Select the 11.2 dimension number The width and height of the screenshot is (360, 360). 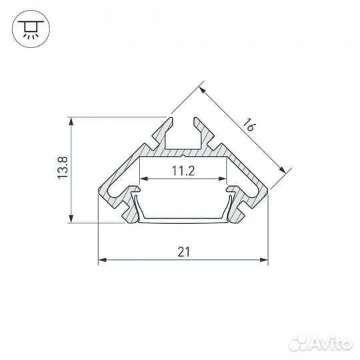(x=182, y=171)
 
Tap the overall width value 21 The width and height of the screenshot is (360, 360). (x=183, y=251)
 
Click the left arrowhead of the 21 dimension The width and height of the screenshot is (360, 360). (x=101, y=260)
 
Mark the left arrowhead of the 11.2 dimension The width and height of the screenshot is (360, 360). (x=142, y=179)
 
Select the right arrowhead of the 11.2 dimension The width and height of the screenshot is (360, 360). (x=222, y=179)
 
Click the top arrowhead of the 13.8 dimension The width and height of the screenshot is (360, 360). (x=71, y=121)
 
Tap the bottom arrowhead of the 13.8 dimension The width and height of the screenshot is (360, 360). (x=71, y=221)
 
